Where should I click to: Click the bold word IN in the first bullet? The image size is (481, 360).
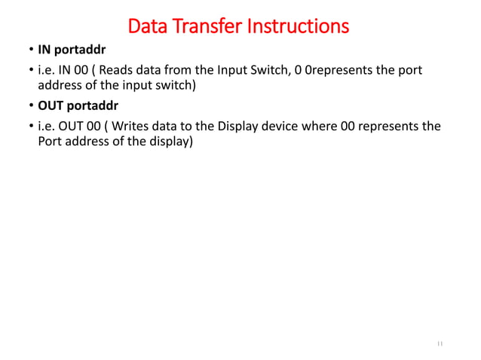pyautogui.click(x=45, y=53)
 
